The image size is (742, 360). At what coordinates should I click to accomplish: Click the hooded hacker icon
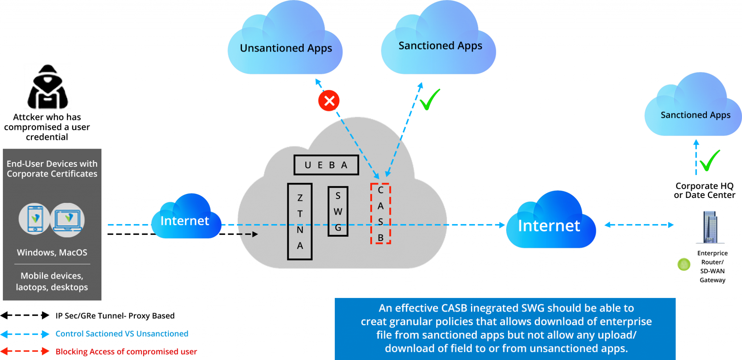(x=47, y=86)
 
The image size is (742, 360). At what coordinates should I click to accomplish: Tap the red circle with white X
(x=329, y=100)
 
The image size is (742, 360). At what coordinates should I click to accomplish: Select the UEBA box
(x=326, y=165)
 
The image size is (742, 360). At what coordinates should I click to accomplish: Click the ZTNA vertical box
(x=300, y=222)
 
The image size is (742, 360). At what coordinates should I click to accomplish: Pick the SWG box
(x=338, y=211)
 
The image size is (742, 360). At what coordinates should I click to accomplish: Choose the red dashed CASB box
(x=380, y=214)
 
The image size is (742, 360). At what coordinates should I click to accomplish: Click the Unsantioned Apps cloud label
(x=286, y=48)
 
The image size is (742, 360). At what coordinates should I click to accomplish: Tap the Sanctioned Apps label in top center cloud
(x=440, y=46)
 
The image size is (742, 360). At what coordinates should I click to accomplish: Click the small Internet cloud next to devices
(x=185, y=220)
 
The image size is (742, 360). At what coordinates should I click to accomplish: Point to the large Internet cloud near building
(x=549, y=225)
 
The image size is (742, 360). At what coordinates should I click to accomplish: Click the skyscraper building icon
(x=710, y=227)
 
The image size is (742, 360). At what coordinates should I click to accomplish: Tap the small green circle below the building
(x=684, y=264)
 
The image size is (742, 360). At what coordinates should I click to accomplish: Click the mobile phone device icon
(x=34, y=219)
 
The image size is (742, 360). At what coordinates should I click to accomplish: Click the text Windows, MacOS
(x=52, y=252)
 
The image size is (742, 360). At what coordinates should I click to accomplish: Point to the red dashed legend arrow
(x=25, y=351)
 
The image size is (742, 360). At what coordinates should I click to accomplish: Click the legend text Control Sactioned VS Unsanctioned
(x=122, y=334)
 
